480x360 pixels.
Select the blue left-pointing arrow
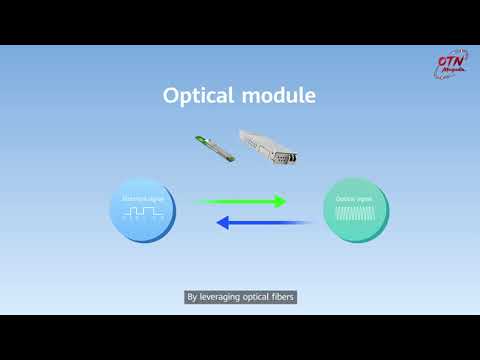click(251, 223)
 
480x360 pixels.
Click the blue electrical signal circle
click(144, 212)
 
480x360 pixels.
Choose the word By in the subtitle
click(193, 297)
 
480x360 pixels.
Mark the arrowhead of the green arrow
click(279, 201)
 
